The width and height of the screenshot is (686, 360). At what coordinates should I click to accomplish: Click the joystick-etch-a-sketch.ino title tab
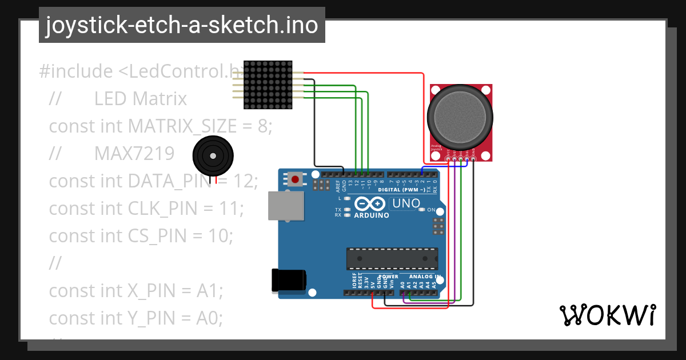[182, 25]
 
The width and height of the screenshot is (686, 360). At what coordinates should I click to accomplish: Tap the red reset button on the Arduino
[295, 179]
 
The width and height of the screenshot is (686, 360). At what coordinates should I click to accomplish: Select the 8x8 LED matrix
[268, 85]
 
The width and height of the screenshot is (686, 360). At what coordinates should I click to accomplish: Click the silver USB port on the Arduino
[286, 206]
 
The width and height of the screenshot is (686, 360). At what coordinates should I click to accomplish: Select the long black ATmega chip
[392, 259]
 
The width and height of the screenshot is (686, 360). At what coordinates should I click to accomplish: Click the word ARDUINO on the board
[372, 215]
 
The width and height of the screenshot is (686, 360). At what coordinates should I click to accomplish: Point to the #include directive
[76, 72]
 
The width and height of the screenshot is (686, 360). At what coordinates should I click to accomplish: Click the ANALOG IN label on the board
[424, 277]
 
